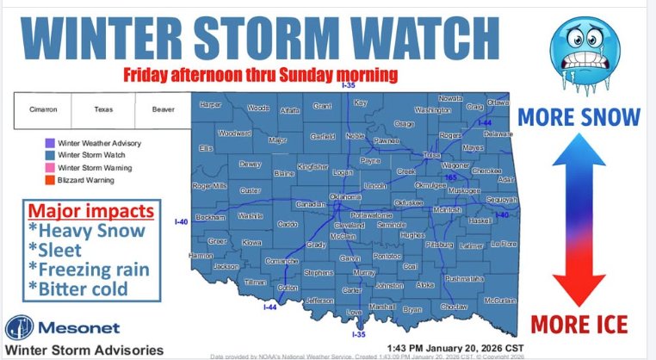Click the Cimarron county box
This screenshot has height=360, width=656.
pos(43,110)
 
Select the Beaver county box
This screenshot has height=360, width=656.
pos(163,110)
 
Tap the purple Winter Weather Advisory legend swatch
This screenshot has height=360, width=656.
pos(50,143)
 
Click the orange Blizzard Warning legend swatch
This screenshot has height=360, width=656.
pos(50,180)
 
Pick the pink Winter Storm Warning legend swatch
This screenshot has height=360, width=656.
pos(50,168)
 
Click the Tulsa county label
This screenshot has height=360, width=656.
pos(430,155)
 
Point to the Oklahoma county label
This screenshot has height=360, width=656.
pos(345,197)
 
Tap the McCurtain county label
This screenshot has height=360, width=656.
pos(499,300)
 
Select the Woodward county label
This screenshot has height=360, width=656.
pos(234,133)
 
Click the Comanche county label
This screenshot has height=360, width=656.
pos(258,260)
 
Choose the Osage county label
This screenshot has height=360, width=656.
pos(404,124)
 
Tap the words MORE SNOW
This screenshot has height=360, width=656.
pos(579,116)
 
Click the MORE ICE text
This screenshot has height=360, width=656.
pos(579,325)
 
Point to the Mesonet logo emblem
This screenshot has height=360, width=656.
pos(20,330)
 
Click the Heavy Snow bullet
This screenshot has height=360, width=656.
pos(86,231)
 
